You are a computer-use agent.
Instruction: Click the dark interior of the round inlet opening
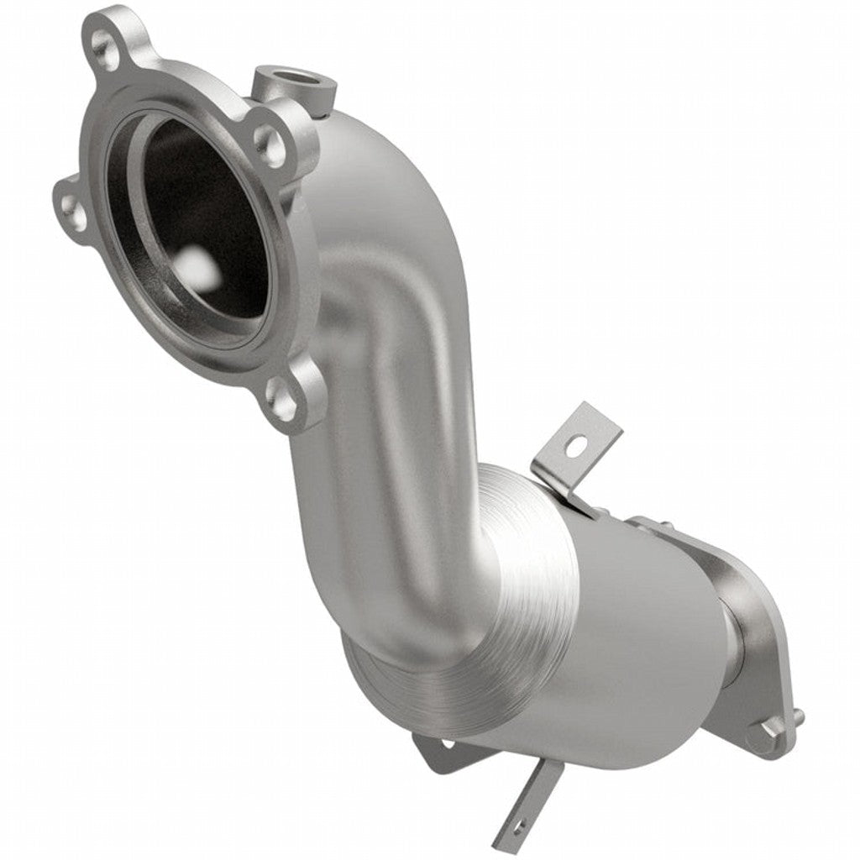coord(210,210)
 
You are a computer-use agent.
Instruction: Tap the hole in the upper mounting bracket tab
coord(574,447)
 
